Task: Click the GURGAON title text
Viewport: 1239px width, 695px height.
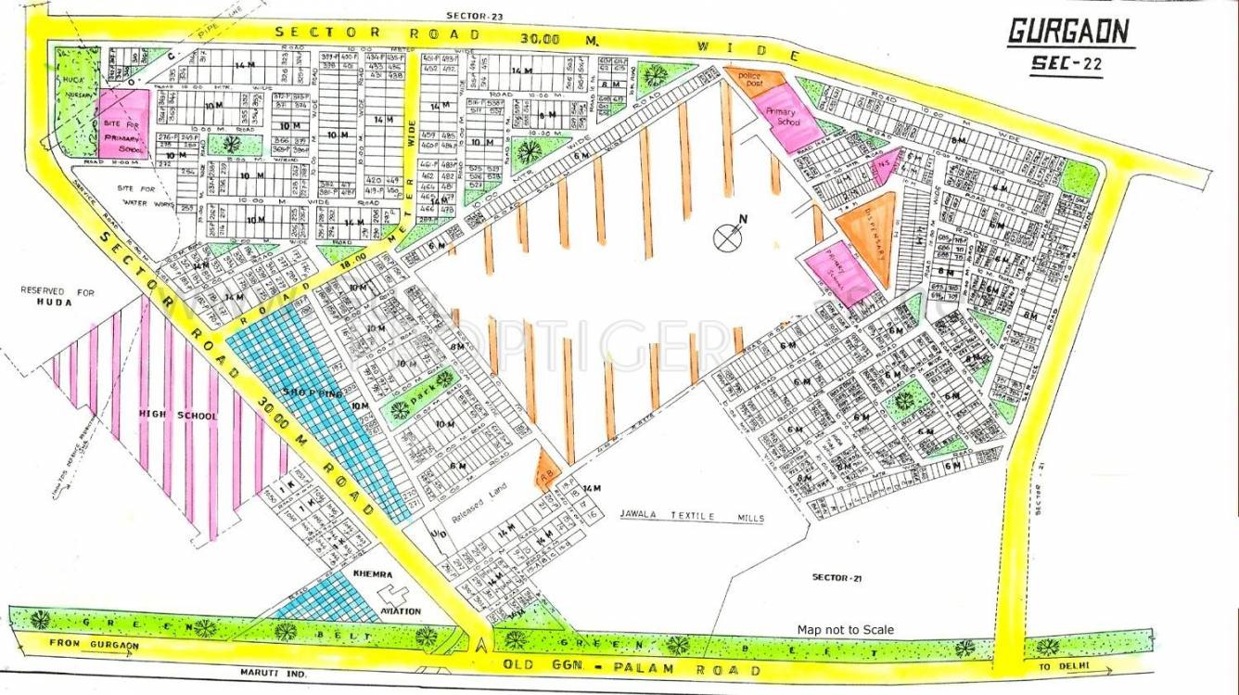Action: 1069,32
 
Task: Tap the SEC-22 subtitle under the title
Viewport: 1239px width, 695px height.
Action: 1067,64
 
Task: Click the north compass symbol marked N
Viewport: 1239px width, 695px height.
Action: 726,236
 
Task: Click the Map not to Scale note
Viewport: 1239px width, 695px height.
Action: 845,630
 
